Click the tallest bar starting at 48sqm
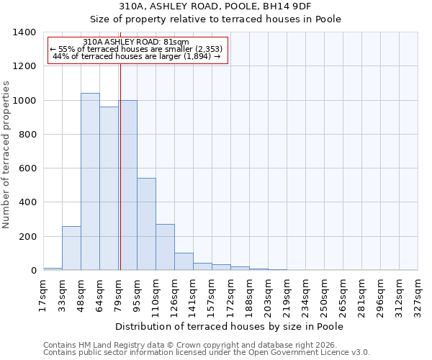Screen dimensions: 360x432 click(90, 181)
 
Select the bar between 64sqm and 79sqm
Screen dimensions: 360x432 click(109, 189)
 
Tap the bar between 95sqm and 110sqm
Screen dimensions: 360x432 click(146, 224)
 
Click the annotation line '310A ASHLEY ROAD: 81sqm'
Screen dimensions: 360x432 click(136, 42)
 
